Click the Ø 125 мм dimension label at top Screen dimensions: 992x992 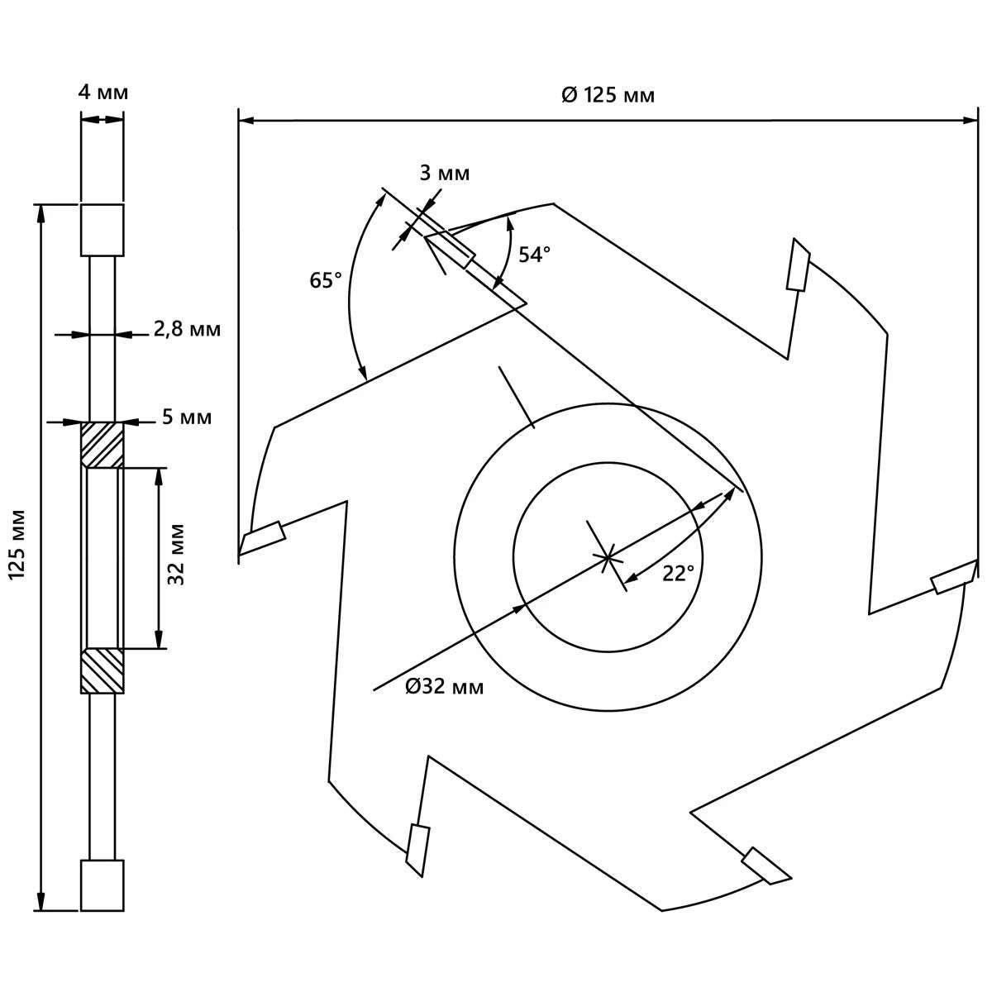608,96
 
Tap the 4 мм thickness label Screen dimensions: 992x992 103,93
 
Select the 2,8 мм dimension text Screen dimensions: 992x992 187,329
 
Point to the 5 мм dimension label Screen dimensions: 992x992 187,417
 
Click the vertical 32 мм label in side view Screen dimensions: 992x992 177,555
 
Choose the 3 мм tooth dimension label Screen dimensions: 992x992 445,174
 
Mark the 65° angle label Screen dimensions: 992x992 326,280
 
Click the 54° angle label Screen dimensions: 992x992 534,255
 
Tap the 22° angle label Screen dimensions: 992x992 678,574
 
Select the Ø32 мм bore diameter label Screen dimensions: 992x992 445,687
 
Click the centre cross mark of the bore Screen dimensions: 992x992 608,557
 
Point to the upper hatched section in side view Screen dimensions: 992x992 102,445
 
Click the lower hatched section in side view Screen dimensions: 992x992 102,670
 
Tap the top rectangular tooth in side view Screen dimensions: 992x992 102,230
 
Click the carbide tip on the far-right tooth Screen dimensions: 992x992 954,577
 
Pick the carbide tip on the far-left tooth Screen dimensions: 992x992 263,538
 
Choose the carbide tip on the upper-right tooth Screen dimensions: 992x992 799,265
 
